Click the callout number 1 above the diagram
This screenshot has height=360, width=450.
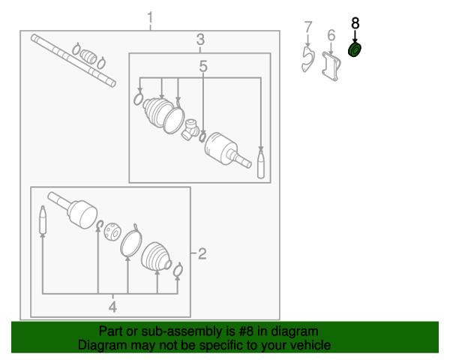point(150,18)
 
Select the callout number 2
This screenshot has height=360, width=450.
point(202,253)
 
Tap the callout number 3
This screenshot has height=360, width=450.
point(200,39)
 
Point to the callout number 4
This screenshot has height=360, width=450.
point(112,307)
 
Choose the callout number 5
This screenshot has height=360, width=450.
point(203,66)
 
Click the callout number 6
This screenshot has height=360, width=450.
point(331,35)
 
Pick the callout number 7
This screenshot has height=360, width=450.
point(308,27)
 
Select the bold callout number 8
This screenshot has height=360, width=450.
point(355,23)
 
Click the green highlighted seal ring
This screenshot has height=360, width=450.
point(355,50)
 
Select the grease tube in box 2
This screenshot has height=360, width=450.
point(43,220)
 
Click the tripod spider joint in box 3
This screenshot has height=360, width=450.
point(190,130)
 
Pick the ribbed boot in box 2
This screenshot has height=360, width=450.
point(156,256)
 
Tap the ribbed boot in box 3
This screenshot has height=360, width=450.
point(157,112)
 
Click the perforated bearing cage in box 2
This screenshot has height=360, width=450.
point(112,231)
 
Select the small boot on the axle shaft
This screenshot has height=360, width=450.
point(88,55)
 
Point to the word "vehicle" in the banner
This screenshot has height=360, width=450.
point(312,345)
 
